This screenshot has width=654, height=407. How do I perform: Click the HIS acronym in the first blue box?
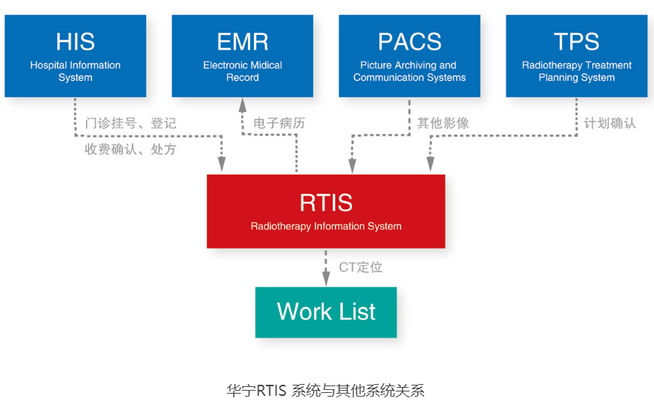click(x=76, y=42)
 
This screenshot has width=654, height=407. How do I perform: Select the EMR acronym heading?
click(x=242, y=42)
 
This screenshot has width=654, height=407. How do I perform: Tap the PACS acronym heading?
click(x=410, y=42)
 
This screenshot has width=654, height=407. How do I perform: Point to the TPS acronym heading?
click(x=576, y=42)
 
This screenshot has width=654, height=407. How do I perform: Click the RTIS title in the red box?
click(x=326, y=202)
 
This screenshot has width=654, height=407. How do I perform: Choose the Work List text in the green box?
click(x=326, y=311)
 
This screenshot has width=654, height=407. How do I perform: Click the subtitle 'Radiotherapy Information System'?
click(x=326, y=226)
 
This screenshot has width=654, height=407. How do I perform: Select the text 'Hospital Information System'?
click(x=76, y=71)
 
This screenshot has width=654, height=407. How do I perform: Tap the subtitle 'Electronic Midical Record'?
click(x=242, y=71)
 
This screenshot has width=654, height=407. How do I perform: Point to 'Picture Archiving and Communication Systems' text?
click(x=410, y=71)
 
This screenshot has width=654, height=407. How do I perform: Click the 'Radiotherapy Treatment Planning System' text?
click(x=576, y=71)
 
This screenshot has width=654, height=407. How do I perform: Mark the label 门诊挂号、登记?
click(x=131, y=123)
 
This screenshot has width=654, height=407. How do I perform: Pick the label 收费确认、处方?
click(x=131, y=149)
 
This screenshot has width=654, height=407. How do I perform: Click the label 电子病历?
click(x=279, y=123)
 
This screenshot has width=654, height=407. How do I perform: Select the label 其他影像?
click(x=443, y=123)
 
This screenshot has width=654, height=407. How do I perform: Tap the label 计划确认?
click(x=609, y=123)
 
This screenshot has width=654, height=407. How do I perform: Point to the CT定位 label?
click(x=360, y=267)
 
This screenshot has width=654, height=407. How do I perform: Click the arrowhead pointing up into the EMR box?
click(x=242, y=105)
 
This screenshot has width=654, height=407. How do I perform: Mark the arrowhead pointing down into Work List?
click(x=326, y=279)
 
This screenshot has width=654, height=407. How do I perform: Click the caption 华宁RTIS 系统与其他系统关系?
click(x=326, y=391)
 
